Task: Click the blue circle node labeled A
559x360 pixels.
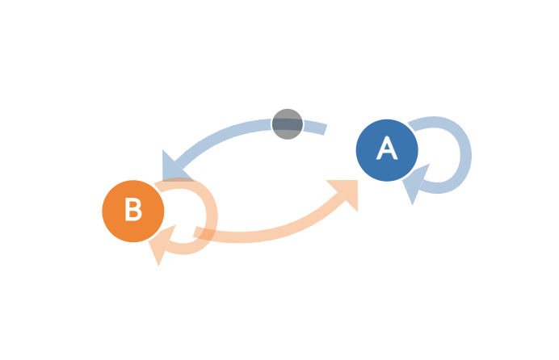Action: point(387,150)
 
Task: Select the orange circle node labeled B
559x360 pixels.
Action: point(133,211)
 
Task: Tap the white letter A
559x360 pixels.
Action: point(387,149)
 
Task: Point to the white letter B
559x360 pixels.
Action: point(133,209)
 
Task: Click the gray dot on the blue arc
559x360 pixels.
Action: point(288,124)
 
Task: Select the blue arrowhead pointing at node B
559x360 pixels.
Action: point(174,168)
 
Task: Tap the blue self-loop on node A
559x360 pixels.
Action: point(466,155)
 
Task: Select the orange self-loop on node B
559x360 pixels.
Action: point(212,216)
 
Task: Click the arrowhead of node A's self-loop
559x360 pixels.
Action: point(414,181)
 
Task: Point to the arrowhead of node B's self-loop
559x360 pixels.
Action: point(161,242)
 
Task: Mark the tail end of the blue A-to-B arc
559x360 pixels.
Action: point(325,130)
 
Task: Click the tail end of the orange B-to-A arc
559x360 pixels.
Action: point(195,232)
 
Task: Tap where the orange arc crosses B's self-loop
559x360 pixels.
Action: point(205,234)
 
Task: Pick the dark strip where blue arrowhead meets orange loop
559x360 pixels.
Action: point(179,179)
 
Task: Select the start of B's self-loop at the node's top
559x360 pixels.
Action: point(158,187)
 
